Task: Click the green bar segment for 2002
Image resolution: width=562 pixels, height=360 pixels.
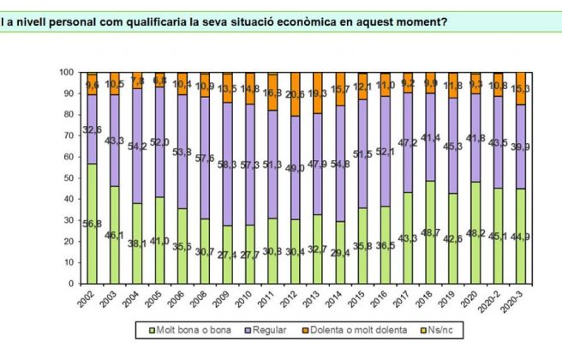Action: (92, 223)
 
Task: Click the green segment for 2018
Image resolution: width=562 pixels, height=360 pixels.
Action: (431, 231)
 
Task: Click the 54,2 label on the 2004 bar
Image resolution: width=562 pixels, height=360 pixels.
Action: (138, 147)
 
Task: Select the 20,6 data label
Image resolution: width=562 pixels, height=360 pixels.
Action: (296, 94)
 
